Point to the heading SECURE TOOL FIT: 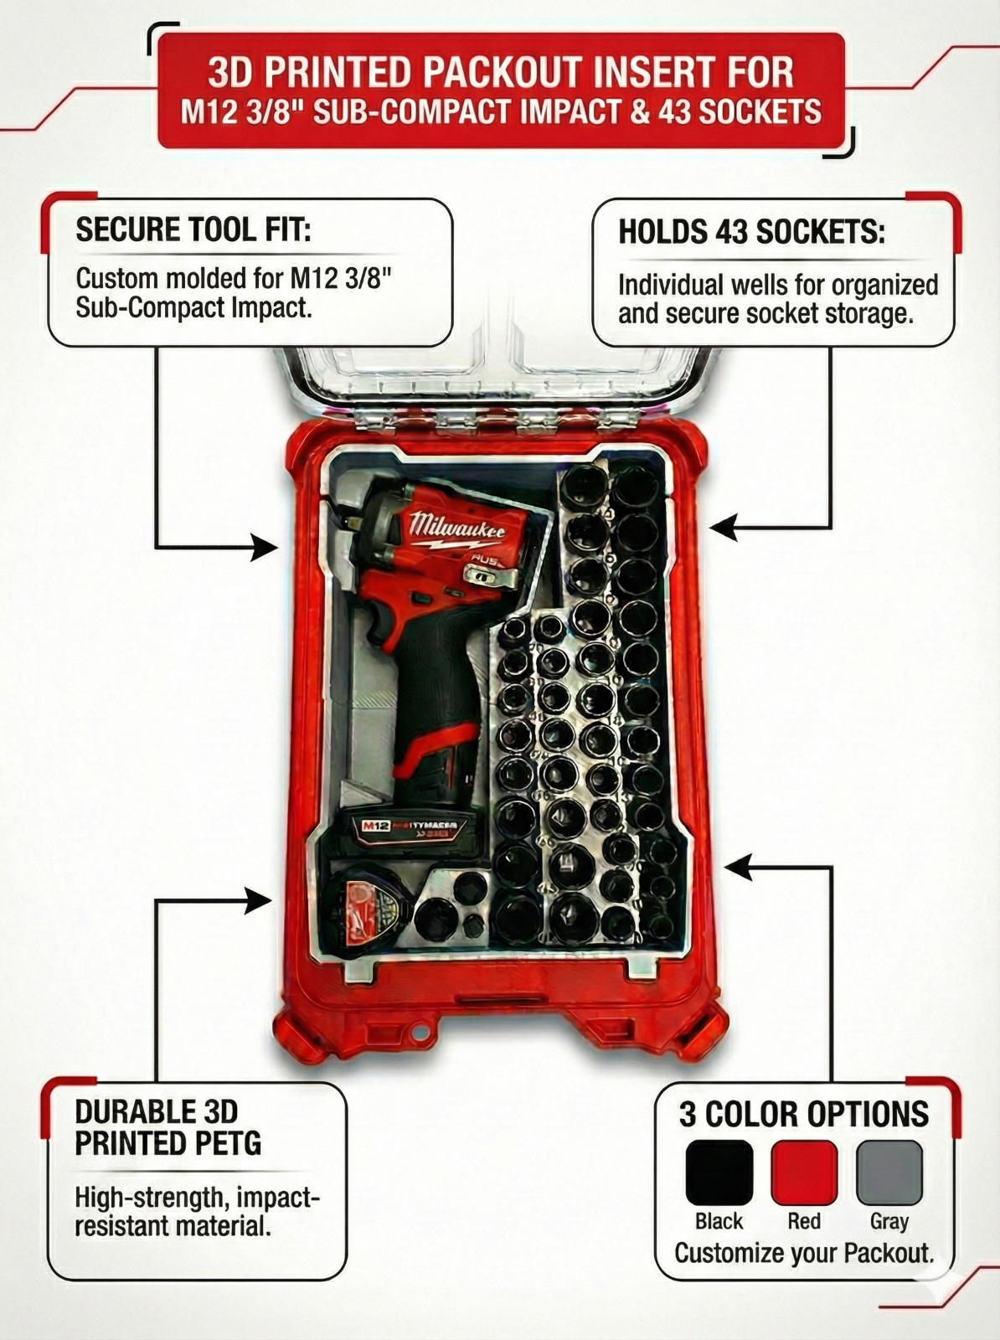193,229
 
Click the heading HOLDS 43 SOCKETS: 751,231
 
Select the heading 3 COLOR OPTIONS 804,1114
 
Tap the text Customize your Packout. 804,1253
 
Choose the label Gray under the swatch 889,1221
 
